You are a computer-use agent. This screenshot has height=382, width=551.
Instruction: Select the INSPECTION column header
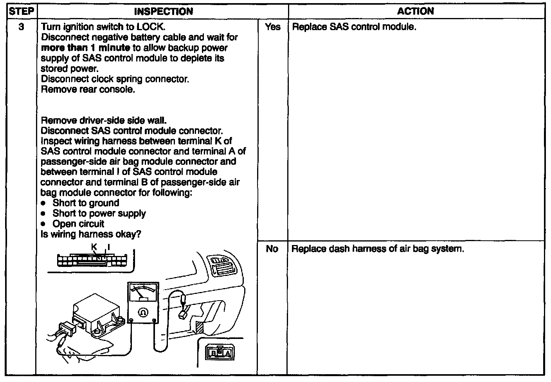163,11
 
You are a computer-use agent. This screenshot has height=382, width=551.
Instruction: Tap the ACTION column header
415,11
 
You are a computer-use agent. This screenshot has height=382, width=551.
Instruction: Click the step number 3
22,27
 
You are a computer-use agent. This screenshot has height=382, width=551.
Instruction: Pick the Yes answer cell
272,27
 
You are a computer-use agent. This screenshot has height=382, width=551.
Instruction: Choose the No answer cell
272,249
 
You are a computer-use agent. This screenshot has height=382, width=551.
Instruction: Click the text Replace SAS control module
354,27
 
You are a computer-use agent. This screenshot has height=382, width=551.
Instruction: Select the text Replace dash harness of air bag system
378,249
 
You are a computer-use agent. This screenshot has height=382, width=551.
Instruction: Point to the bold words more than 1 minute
86,48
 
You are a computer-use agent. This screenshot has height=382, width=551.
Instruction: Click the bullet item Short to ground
86,203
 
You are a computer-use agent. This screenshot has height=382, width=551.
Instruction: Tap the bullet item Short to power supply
99,213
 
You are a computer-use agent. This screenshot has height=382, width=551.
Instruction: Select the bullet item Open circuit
78,224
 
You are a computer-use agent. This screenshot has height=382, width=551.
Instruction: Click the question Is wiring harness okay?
91,234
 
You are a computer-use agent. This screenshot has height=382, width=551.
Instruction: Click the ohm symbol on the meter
143,312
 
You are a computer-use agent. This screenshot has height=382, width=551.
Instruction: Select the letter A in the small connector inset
228,354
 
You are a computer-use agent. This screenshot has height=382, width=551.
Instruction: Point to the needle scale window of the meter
143,294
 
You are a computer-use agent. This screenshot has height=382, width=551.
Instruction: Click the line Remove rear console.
88,89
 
